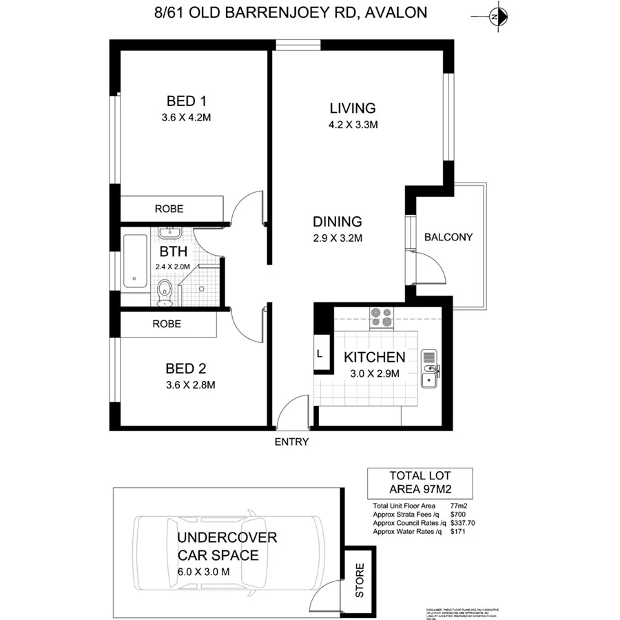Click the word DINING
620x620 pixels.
(337, 222)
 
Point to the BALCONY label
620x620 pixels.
(448, 237)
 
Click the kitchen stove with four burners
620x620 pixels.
(381, 316)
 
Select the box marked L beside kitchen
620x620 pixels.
(320, 353)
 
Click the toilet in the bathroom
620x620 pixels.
(165, 292)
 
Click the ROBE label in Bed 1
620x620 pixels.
(169, 208)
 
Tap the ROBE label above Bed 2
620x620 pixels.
(167, 324)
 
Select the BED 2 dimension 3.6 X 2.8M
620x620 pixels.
(186, 385)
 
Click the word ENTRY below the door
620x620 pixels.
(291, 442)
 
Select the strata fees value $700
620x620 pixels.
(457, 515)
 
